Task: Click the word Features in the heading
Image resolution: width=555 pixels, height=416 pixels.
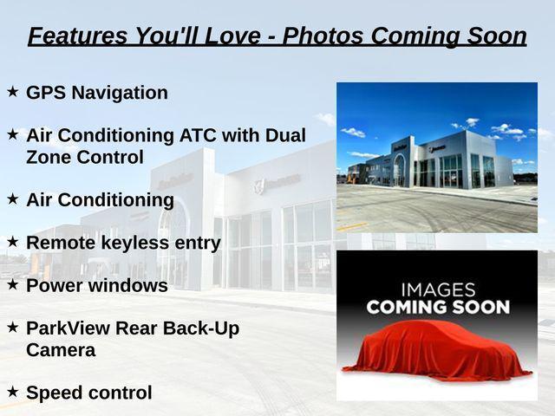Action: (x=77, y=36)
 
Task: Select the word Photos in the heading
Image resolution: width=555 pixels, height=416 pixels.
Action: (x=323, y=36)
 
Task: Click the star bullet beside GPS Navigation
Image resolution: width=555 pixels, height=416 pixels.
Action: (x=13, y=92)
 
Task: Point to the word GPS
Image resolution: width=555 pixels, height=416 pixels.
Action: (x=46, y=93)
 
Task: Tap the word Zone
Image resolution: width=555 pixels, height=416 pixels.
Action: (x=49, y=157)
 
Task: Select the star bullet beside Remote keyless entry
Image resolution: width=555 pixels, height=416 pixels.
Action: (x=13, y=242)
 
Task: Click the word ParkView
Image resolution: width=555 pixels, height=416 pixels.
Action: (x=68, y=328)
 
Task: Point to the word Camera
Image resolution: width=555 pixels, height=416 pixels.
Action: (x=61, y=350)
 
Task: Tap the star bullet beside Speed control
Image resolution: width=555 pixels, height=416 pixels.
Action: (x=13, y=392)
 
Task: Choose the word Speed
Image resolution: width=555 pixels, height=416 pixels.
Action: (x=54, y=393)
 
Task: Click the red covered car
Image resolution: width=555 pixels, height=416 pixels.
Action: (x=437, y=350)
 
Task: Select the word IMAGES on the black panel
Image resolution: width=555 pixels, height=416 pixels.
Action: (x=438, y=289)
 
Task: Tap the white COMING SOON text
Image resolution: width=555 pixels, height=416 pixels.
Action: (x=438, y=307)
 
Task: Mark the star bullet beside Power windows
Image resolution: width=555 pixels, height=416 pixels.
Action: (x=13, y=285)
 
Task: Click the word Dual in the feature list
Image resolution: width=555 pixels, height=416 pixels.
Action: (x=285, y=135)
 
